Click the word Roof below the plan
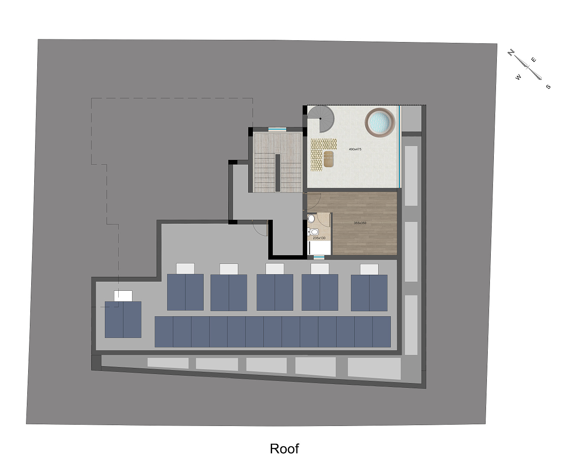(x=284, y=448)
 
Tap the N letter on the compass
(x=512, y=53)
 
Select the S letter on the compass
(x=548, y=87)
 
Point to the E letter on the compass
(x=534, y=60)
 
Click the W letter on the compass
(x=518, y=78)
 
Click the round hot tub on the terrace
(x=380, y=122)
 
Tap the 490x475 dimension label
(x=355, y=149)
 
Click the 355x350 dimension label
(x=360, y=223)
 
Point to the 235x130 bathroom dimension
(x=319, y=238)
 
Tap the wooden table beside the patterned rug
(x=329, y=159)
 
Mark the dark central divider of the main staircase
(x=277, y=172)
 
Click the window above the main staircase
(x=277, y=129)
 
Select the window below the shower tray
(x=319, y=257)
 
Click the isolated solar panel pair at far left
(x=123, y=319)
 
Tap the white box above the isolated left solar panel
(x=123, y=296)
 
